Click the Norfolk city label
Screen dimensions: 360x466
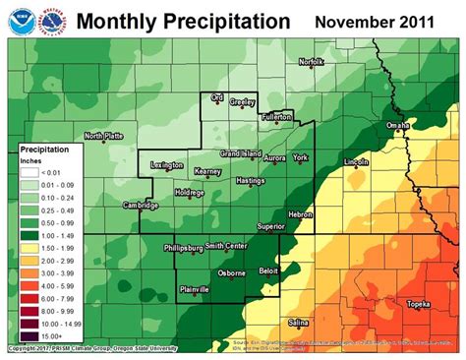coord(311,63)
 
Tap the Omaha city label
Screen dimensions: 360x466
coord(396,125)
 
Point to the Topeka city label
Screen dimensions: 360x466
coord(422,304)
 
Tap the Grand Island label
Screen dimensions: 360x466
coord(239,153)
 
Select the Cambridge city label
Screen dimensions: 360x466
coord(142,206)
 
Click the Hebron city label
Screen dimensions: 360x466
coord(299,213)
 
